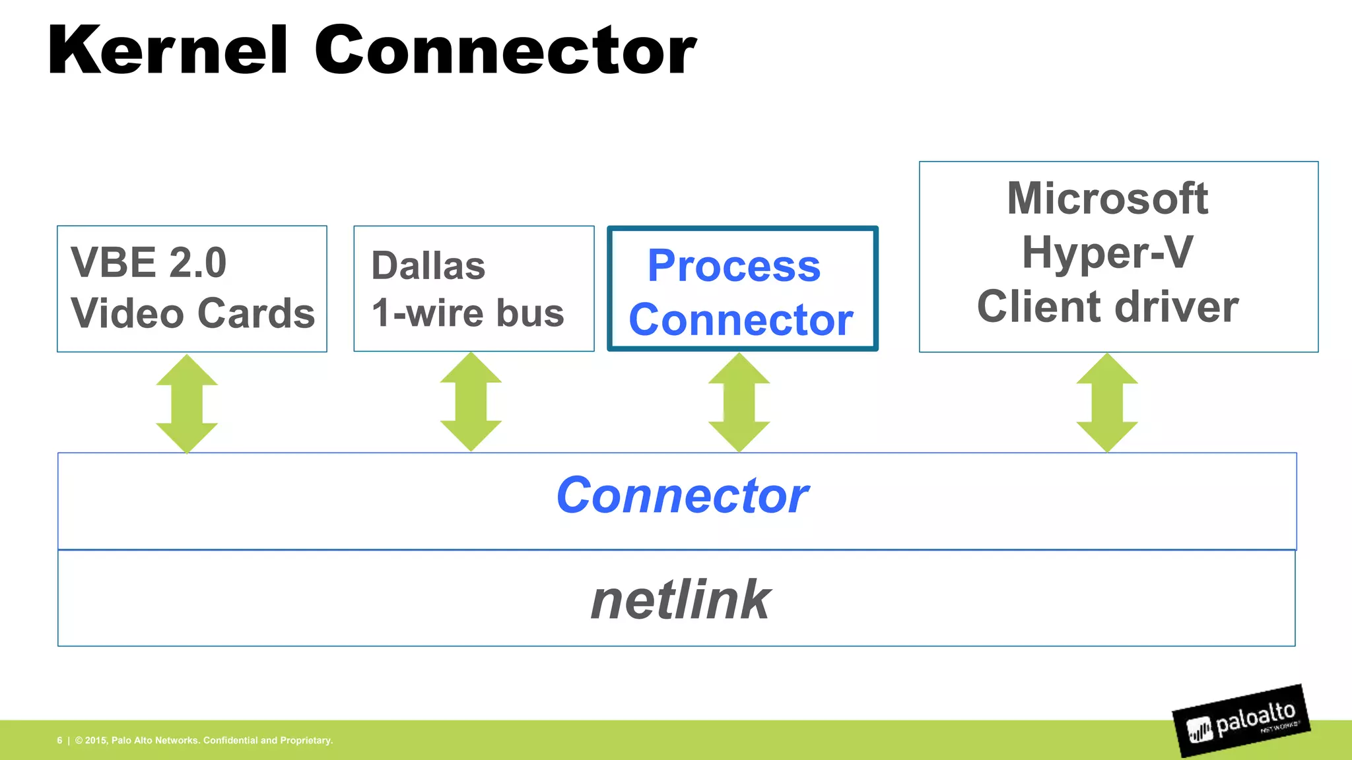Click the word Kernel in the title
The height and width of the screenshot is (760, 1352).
[168, 50]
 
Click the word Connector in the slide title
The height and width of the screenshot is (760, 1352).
[505, 50]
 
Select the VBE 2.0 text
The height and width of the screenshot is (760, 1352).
[149, 263]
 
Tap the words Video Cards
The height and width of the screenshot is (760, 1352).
[193, 313]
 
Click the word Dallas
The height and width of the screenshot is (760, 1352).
[428, 266]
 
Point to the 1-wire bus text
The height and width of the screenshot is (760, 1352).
[467, 313]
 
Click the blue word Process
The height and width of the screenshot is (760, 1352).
[734, 266]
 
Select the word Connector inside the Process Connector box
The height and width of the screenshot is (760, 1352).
[741, 320]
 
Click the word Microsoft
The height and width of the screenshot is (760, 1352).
[1108, 198]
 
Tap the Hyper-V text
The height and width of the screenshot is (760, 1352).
[1108, 252]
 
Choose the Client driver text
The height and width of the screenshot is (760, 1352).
[1108, 307]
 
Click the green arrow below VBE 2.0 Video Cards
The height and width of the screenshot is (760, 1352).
[187, 403]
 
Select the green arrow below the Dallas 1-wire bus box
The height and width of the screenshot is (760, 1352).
[471, 402]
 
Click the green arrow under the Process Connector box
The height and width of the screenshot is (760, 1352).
[739, 402]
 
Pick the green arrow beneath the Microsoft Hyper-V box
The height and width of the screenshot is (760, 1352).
[1107, 402]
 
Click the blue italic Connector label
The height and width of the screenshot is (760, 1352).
[682, 495]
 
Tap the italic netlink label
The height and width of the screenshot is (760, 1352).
[681, 600]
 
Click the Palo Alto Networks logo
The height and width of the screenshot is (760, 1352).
[1242, 721]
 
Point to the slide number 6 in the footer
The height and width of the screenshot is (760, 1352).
[59, 740]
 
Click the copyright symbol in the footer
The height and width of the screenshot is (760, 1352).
[79, 740]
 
